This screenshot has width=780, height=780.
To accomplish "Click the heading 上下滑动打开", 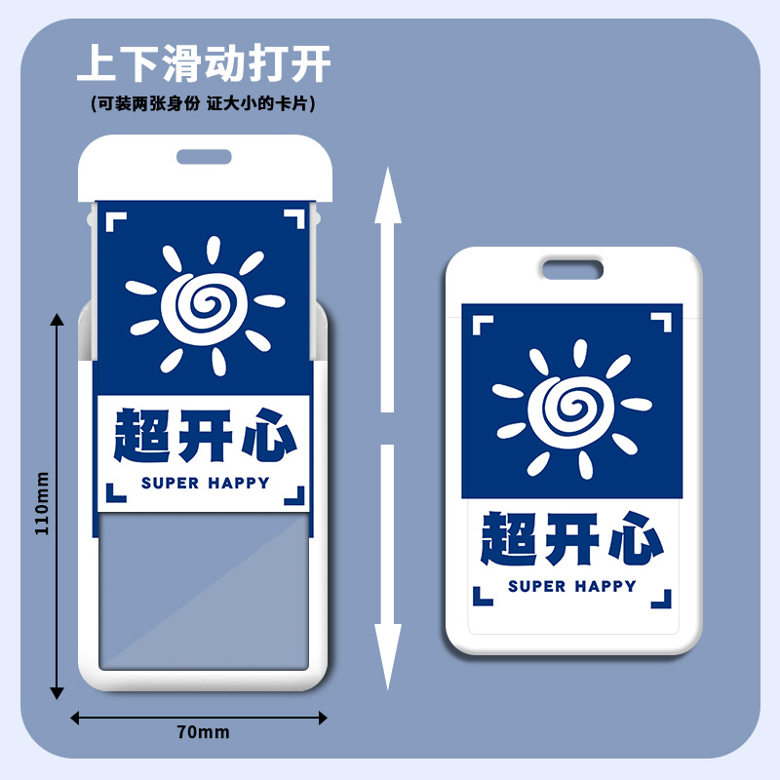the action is pyautogui.click(x=204, y=63).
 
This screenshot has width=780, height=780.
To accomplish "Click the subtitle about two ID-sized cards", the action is pyautogui.click(x=204, y=101).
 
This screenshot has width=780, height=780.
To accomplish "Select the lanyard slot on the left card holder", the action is pyautogui.click(x=204, y=156).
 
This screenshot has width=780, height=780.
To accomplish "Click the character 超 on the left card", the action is pyautogui.click(x=145, y=435).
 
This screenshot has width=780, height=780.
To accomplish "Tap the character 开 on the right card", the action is pyautogui.click(x=572, y=538).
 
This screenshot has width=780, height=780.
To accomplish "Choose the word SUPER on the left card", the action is pyautogui.click(x=170, y=483).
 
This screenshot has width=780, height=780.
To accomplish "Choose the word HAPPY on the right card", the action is pyautogui.click(x=604, y=586).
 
